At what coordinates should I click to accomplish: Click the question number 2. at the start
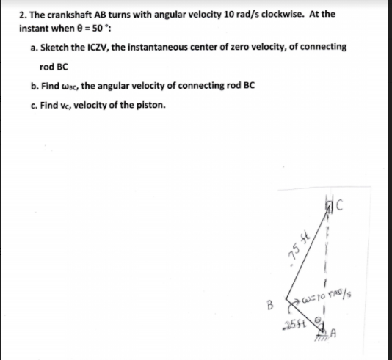pos(24,14)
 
